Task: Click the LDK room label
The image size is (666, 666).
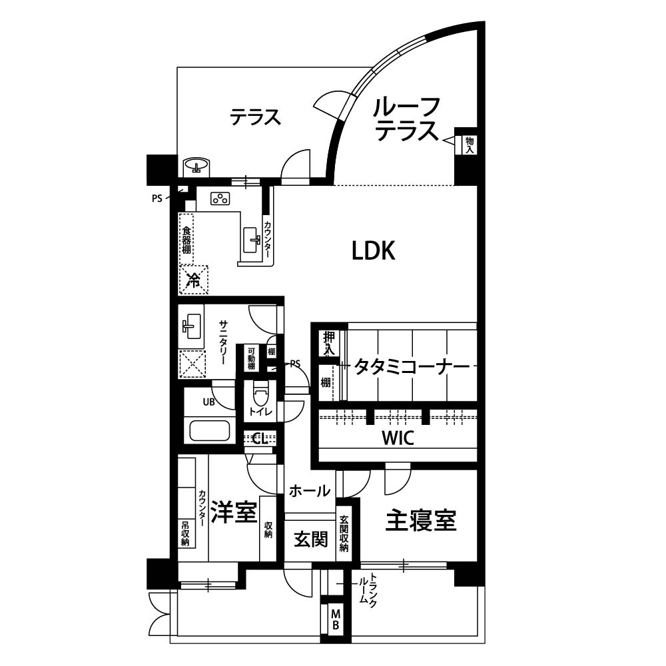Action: click(x=374, y=250)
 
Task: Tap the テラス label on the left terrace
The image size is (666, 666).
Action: click(x=255, y=117)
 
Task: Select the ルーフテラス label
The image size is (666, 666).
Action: click(x=406, y=119)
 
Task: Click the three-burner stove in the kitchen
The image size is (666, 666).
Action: click(x=220, y=198)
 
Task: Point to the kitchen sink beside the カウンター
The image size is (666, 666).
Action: click(x=252, y=240)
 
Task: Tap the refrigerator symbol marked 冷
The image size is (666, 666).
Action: click(x=194, y=280)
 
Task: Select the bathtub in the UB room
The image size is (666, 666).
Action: click(x=210, y=430)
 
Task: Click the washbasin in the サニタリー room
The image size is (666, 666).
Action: click(x=192, y=326)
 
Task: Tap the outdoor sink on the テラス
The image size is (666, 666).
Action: click(x=196, y=165)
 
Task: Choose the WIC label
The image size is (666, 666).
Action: click(x=398, y=438)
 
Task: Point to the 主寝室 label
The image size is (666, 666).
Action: click(x=420, y=520)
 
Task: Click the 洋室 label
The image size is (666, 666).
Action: click(x=234, y=511)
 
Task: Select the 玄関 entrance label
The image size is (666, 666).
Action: click(x=311, y=539)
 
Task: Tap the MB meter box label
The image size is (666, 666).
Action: click(x=336, y=619)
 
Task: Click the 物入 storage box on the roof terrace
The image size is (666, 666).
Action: click(x=470, y=145)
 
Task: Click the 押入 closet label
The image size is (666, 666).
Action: click(x=329, y=343)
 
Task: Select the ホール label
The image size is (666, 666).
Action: click(x=309, y=491)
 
